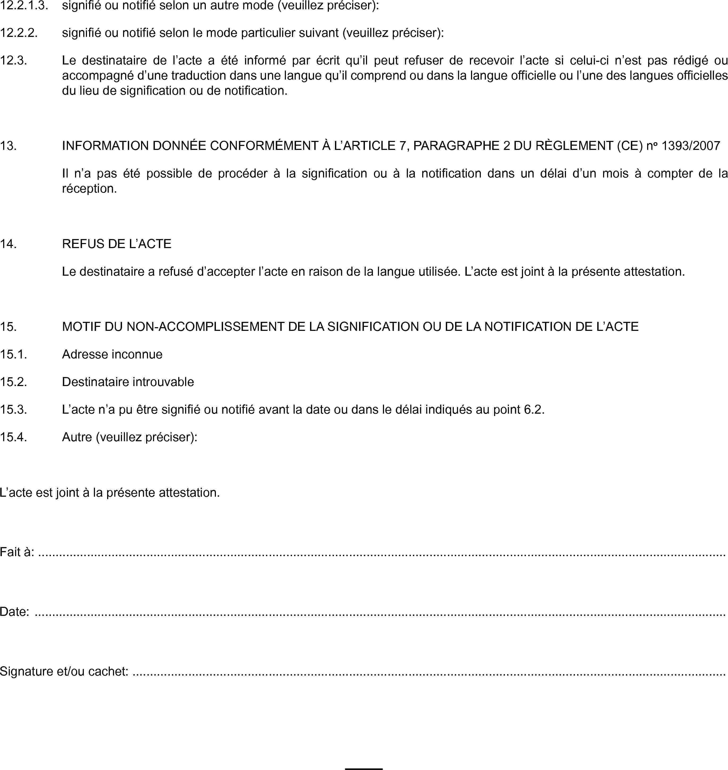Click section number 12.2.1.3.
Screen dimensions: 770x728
(24, 5)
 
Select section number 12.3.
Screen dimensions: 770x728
(14, 60)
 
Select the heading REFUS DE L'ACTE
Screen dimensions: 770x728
(116, 244)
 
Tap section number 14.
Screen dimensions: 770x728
(8, 244)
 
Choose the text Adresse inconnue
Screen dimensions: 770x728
(112, 354)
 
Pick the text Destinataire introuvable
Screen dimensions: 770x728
(128, 382)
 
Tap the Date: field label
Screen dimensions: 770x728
(14, 612)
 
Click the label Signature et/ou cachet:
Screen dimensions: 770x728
(64, 671)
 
